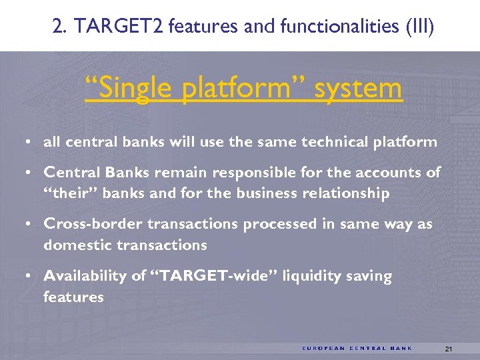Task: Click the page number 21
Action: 448,349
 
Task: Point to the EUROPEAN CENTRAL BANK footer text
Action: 357,348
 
